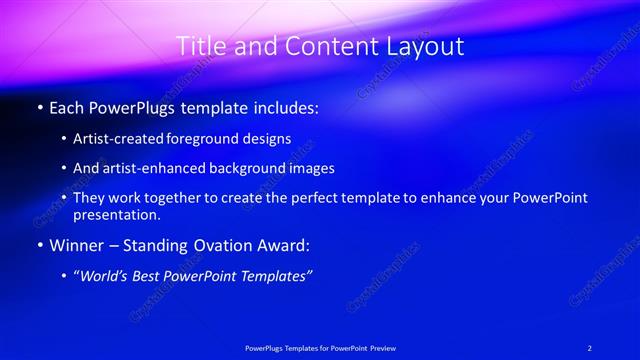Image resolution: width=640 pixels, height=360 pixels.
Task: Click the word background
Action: [254, 169]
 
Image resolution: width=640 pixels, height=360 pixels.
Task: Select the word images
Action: [314, 169]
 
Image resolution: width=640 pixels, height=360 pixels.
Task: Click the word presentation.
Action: [117, 215]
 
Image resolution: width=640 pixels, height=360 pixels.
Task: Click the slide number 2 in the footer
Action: [590, 347]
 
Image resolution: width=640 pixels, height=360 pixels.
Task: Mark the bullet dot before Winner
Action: [39, 245]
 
